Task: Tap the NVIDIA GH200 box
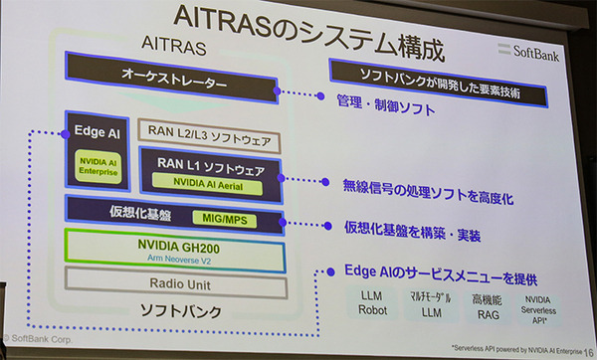click(x=173, y=249)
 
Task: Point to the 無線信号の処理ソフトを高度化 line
click(x=428, y=184)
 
